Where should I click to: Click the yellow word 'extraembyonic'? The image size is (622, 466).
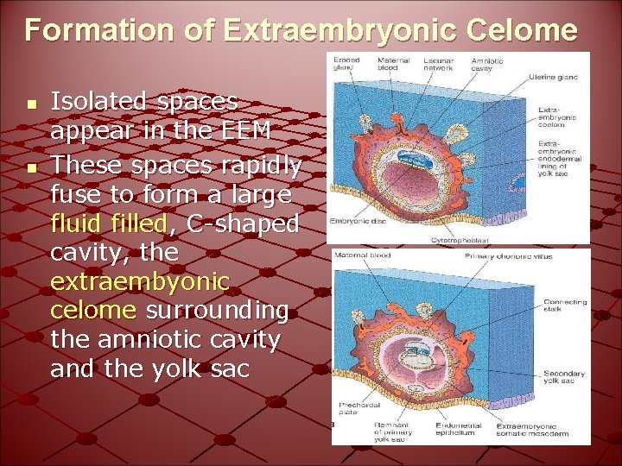(140, 281)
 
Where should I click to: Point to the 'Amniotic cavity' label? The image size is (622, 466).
(487, 63)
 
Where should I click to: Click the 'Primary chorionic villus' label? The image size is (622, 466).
(509, 255)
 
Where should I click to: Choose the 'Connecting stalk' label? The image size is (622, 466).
(565, 305)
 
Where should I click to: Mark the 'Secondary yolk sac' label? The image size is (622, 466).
(564, 377)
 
